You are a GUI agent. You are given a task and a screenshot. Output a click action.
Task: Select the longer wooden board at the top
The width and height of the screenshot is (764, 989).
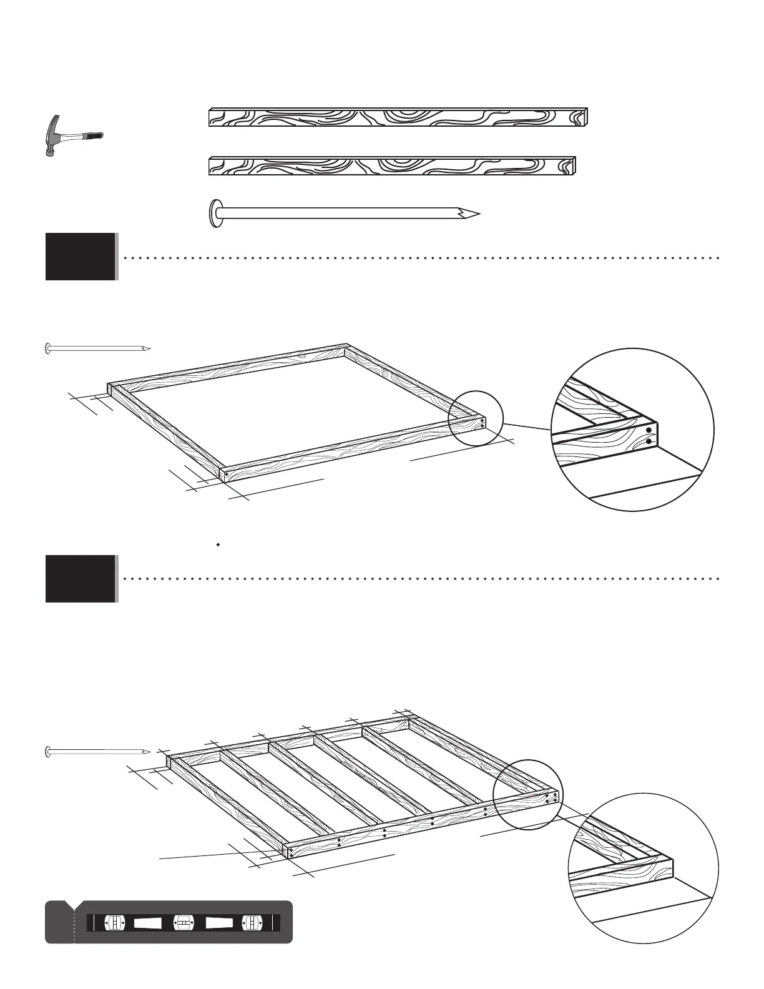coord(398,117)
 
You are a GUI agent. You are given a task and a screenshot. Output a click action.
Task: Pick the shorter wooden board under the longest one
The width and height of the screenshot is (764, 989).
coord(391,166)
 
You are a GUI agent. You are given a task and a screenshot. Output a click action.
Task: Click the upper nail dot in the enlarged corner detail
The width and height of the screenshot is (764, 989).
coord(649,430)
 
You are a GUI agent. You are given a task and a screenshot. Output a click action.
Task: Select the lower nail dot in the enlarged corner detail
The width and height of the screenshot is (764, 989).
coord(649,442)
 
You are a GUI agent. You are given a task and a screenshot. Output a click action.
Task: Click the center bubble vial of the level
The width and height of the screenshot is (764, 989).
coord(182,922)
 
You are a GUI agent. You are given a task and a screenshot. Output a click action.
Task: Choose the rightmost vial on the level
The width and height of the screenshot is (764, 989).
coord(250,922)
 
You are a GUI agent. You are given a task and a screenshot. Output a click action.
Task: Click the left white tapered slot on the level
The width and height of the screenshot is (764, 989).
coord(148,922)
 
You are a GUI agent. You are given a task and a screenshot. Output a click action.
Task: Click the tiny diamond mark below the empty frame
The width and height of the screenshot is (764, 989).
coord(218,545)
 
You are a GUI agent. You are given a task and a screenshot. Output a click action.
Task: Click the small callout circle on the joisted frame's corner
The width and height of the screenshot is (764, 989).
coord(528,794)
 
